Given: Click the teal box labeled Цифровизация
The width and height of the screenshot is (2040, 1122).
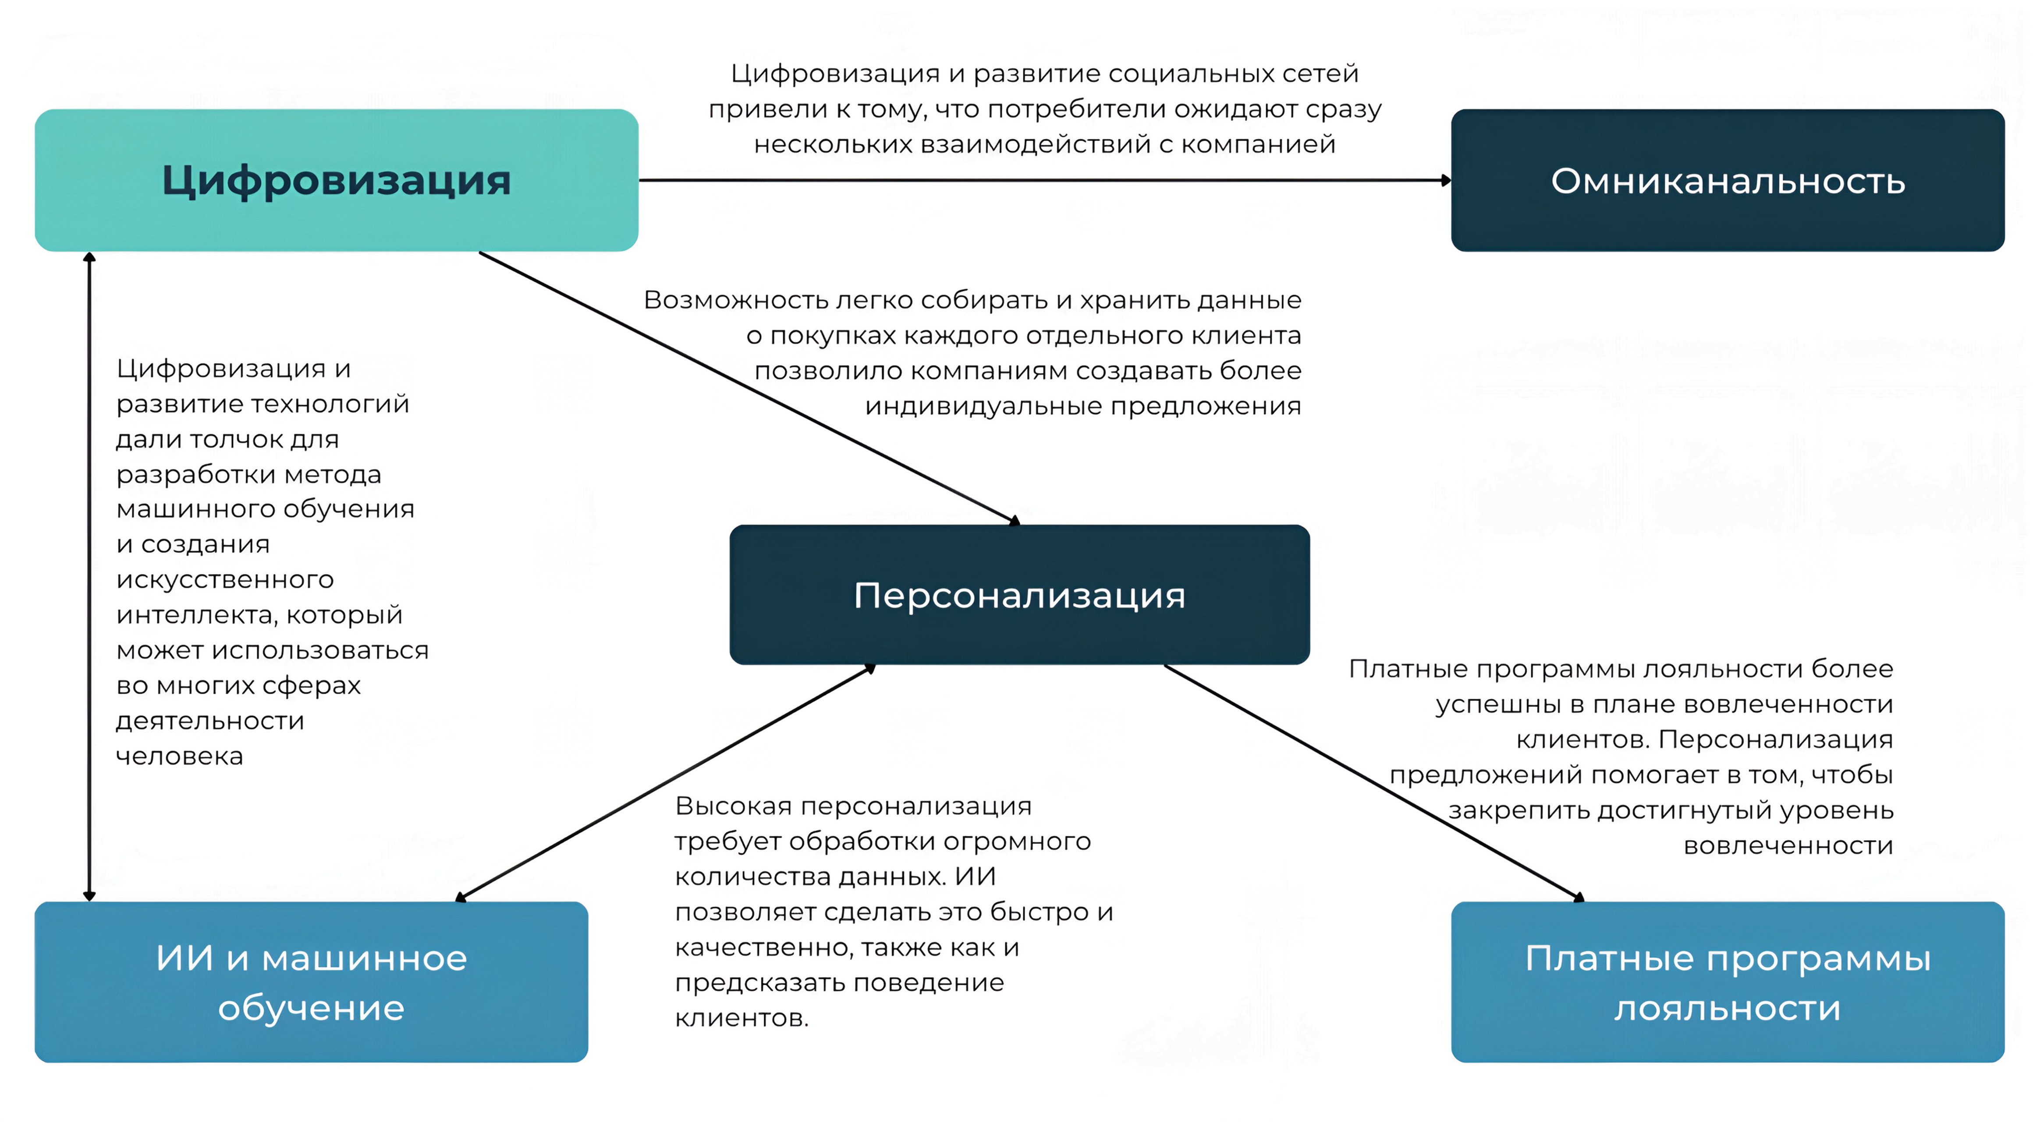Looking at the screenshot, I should [x=337, y=181].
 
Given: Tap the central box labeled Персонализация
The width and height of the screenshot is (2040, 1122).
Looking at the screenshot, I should [x=1019, y=595].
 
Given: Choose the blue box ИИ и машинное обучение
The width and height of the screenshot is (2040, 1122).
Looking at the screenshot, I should [x=311, y=982].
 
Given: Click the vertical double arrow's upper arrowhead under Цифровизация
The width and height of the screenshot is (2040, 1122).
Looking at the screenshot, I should [x=89, y=257].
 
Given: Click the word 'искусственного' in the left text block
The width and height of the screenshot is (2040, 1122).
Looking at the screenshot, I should [x=225, y=579].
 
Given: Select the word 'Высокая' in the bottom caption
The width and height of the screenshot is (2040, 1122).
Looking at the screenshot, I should [x=733, y=806].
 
